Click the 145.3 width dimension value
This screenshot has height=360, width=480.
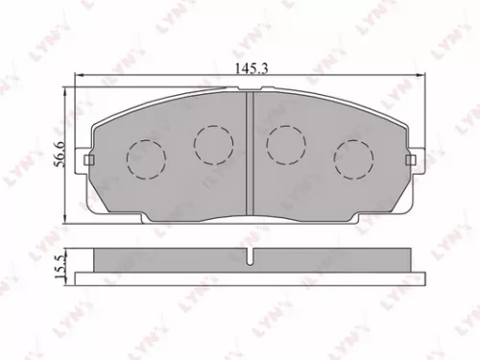coord(248,66)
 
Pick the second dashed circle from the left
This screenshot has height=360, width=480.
coord(212,144)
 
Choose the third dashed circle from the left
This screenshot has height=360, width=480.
coord(285,144)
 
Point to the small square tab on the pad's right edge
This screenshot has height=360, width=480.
coord(410,159)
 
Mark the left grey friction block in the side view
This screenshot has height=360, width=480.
coord(170,260)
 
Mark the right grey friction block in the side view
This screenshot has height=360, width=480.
coord(329,260)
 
